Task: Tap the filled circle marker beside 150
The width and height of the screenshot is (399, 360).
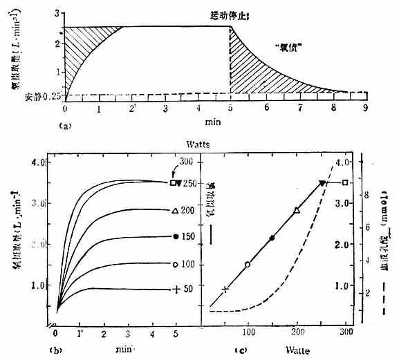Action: click(176, 236)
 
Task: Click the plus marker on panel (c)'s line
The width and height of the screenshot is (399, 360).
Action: click(224, 289)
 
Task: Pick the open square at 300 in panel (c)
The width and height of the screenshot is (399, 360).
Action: click(345, 182)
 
